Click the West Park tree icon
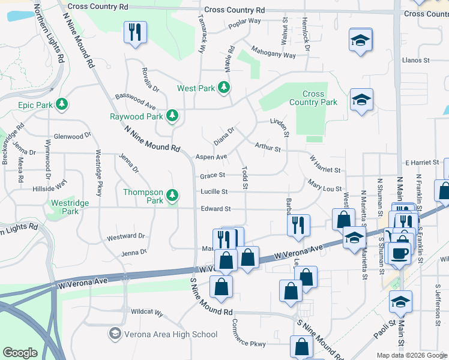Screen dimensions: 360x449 [224, 88]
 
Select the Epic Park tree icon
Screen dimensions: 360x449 [61, 105]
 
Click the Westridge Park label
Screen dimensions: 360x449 [70, 207]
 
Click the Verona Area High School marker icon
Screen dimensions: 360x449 [115, 334]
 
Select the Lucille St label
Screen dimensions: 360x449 [214, 192]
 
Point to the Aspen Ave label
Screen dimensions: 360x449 [211, 157]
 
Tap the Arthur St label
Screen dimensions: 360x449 [268, 146]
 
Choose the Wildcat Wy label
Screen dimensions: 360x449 [147, 313]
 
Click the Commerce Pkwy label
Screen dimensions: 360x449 [249, 339]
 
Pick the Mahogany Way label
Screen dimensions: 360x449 [274, 52]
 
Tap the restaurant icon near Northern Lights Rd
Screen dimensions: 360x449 [134, 32]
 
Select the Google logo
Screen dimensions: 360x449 [20, 353]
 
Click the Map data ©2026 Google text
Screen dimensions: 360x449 [411, 355]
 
